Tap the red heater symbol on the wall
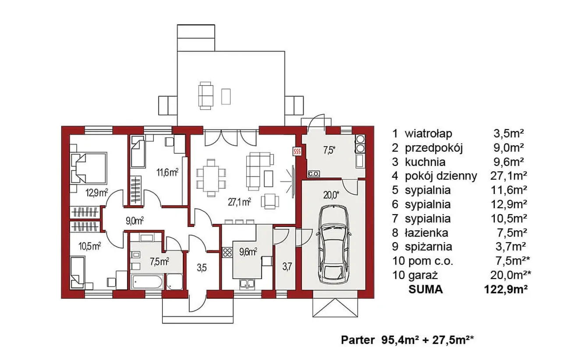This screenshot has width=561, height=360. click(297, 151)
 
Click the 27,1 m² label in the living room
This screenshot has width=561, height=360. click(239, 202)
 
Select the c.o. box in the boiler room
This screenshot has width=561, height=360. click(313, 174)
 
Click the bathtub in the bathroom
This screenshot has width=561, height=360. click(147, 282)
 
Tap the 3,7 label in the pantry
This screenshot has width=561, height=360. click(287, 267)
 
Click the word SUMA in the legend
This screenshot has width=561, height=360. click(426, 289)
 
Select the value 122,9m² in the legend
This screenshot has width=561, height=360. click(506, 289)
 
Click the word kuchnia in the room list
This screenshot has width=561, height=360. click(425, 162)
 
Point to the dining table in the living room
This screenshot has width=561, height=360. click(211, 178)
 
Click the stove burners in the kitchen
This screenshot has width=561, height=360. click(227, 252)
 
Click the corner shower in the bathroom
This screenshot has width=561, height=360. click(174, 282)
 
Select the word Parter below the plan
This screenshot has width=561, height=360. click(358, 340)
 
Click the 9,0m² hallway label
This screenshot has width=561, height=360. click(135, 221)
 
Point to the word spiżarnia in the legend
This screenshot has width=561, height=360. click(429, 247)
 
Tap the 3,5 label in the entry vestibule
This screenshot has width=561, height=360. click(202, 268)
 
